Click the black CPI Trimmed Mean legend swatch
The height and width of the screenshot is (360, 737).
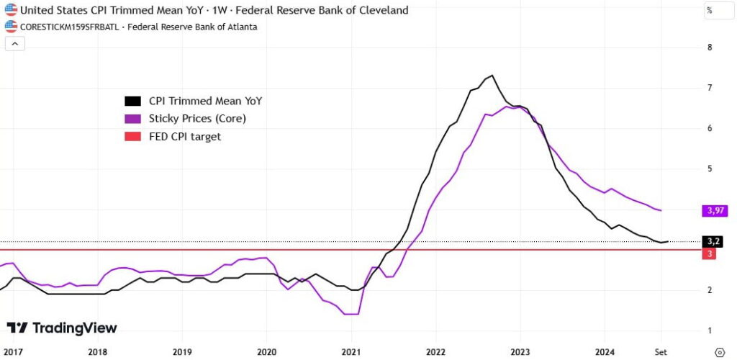point(132,102)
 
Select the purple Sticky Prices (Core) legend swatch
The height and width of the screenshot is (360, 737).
point(132,119)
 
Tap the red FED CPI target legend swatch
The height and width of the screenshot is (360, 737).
point(132,137)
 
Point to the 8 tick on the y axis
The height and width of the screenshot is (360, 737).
point(710,48)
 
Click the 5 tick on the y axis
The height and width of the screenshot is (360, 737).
point(710,168)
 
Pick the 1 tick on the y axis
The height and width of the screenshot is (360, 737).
point(710,330)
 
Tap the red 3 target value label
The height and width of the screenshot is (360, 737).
point(710,255)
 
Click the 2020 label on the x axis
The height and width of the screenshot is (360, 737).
point(266,351)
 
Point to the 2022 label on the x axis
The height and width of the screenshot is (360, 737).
point(435,351)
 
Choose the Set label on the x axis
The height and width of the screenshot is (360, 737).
point(660,351)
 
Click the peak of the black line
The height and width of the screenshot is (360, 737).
point(492,76)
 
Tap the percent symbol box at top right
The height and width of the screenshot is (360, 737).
point(709,11)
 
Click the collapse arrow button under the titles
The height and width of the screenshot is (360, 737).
point(15,43)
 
